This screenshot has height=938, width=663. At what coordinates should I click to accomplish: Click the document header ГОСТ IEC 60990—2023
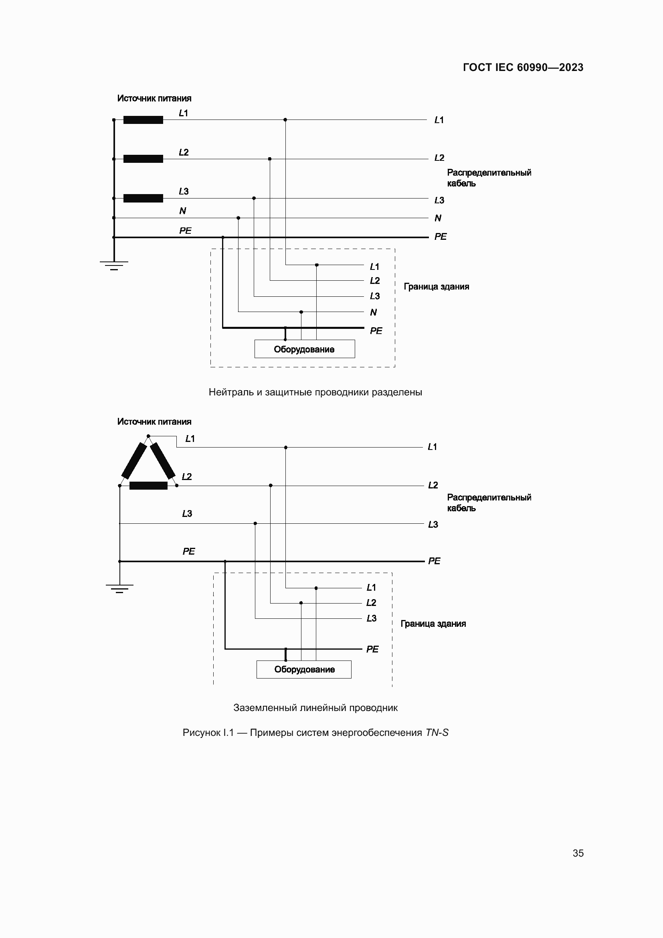pyautogui.click(x=523, y=67)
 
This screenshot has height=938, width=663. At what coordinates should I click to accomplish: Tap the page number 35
pyautogui.click(x=578, y=853)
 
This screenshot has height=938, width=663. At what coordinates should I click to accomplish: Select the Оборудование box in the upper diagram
pyautogui.click(x=305, y=349)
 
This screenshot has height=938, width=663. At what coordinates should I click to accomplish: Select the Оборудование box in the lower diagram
pyautogui.click(x=304, y=670)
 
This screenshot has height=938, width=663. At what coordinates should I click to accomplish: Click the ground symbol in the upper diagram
pyautogui.click(x=114, y=265)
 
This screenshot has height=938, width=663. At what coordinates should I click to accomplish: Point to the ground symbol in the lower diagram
pyautogui.click(x=119, y=588)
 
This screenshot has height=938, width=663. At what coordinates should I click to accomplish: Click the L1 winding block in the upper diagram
pyautogui.click(x=143, y=120)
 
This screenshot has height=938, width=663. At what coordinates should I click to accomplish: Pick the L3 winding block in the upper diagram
pyautogui.click(x=143, y=198)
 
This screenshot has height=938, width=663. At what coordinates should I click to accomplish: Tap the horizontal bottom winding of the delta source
pyautogui.click(x=148, y=486)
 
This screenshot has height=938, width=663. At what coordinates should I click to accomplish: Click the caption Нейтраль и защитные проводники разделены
pyautogui.click(x=315, y=392)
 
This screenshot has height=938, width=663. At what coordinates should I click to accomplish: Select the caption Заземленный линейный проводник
pyautogui.click(x=315, y=708)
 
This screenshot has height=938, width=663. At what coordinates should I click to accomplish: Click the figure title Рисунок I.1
pyautogui.click(x=315, y=733)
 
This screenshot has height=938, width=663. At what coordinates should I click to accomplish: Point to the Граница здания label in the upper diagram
pyautogui.click(x=437, y=287)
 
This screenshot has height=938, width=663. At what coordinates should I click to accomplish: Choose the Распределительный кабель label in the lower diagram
pyautogui.click(x=489, y=503)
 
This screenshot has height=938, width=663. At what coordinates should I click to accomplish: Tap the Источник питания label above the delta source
pyautogui.click(x=154, y=421)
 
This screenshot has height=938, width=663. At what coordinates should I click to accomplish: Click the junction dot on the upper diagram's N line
pyautogui.click(x=239, y=218)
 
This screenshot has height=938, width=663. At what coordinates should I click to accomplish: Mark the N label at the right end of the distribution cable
pyautogui.click(x=438, y=218)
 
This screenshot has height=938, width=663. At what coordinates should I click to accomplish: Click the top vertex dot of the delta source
pyautogui.click(x=148, y=436)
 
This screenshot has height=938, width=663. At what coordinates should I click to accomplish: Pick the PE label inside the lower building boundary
pyautogui.click(x=372, y=649)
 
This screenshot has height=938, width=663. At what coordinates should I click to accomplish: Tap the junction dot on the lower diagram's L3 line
pyautogui.click(x=255, y=523)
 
